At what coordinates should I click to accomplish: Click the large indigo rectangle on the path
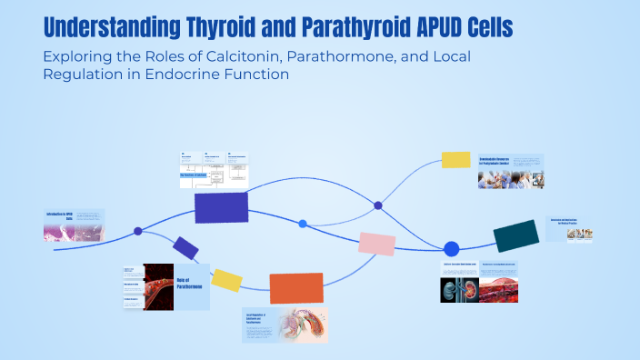point(221,207)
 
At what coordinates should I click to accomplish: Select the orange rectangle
point(296,288)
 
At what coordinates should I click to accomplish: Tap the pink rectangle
point(376,244)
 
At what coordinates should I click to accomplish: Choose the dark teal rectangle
point(516,235)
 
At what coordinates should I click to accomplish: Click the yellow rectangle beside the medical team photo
point(455,160)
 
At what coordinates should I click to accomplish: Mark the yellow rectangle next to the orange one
point(226,280)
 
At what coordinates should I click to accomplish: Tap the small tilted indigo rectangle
point(185,248)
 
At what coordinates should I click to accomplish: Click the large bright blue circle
point(451,248)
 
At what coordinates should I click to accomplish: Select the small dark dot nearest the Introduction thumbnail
point(138,231)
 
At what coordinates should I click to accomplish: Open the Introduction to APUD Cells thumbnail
point(74,225)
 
